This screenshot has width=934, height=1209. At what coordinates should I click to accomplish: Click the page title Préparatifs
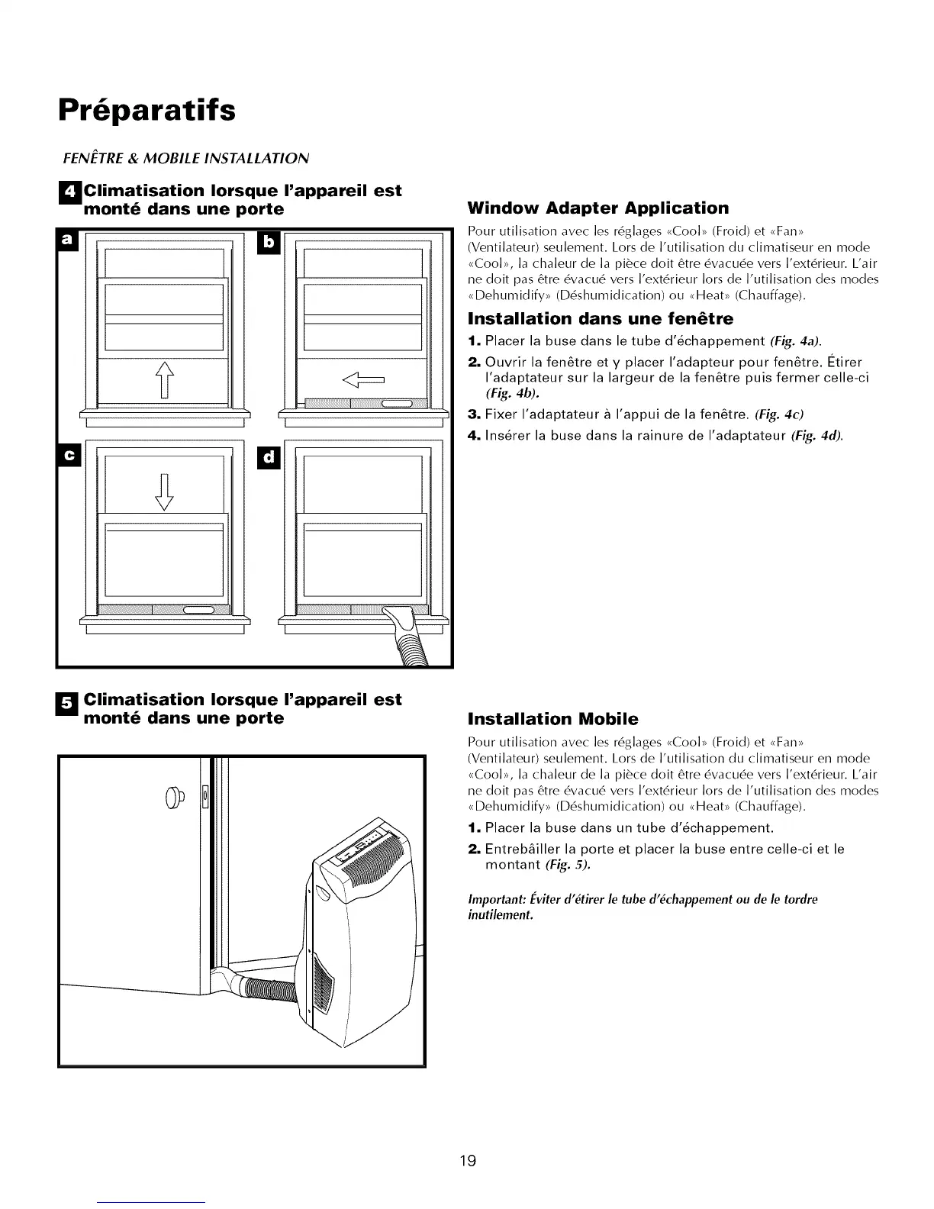[x=147, y=109]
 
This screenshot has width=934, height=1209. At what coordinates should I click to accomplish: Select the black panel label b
[x=268, y=241]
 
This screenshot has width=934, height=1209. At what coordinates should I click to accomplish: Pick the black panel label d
[x=268, y=457]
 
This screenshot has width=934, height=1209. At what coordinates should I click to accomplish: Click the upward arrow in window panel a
[x=165, y=379]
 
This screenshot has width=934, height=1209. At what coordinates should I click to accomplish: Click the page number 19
[x=467, y=1161]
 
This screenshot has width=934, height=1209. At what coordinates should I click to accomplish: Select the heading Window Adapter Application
[x=597, y=208]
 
